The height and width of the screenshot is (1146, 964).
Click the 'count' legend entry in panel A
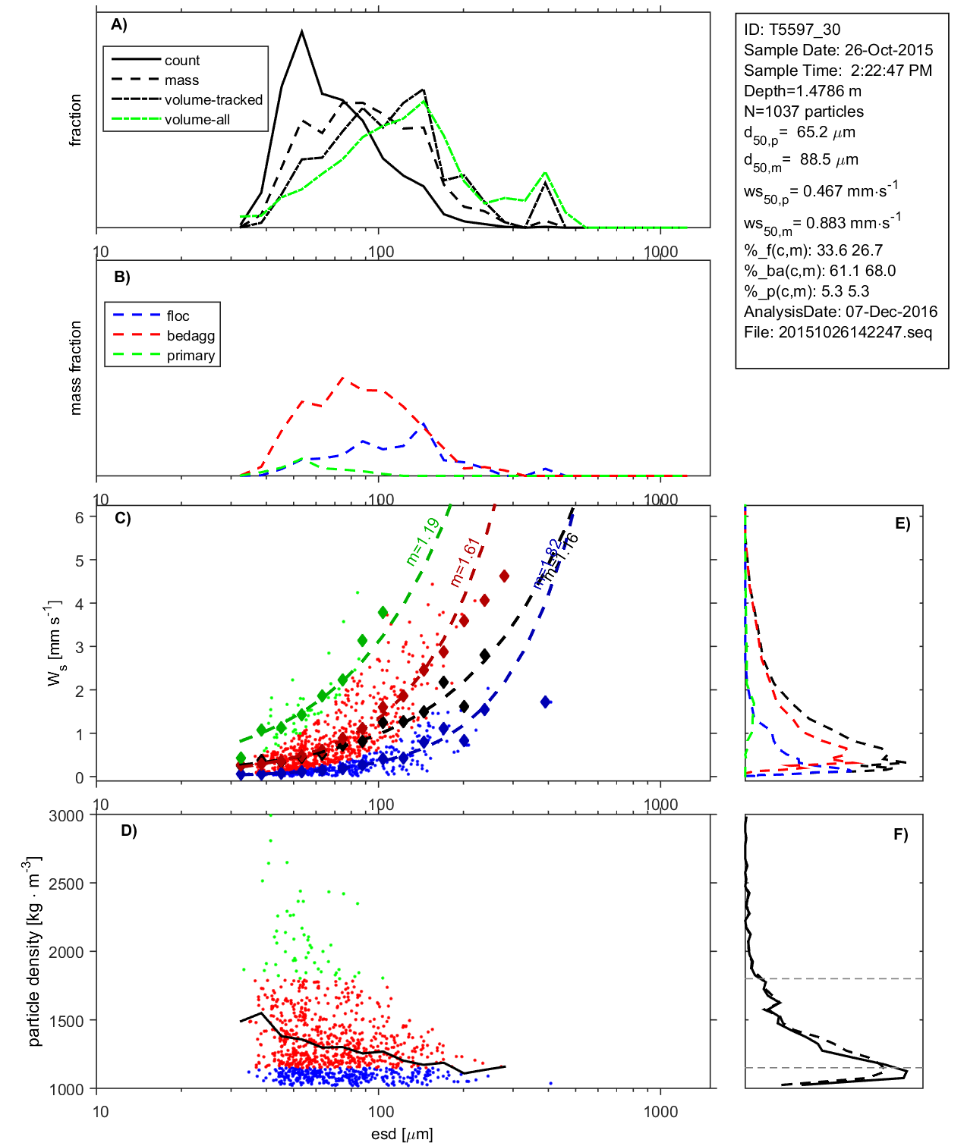181,61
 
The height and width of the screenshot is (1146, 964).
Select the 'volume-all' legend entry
197,120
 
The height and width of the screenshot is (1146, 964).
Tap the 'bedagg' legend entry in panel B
191,336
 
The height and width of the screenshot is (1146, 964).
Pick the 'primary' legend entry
191,356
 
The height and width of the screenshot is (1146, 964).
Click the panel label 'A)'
119,25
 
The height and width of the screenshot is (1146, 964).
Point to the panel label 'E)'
902,523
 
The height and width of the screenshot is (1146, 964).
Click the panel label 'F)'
900,834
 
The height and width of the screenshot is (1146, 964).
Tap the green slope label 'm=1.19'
422,542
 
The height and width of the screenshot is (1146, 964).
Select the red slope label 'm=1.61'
464,562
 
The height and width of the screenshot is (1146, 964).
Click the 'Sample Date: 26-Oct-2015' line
838,50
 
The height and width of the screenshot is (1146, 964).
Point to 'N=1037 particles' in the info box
803,111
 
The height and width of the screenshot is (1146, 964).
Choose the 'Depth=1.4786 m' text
802,91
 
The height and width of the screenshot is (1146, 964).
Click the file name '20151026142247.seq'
855,332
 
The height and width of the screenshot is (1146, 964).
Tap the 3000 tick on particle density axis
66,816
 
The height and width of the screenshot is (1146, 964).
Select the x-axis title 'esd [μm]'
402,1134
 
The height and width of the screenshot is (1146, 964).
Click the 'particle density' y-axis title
34,952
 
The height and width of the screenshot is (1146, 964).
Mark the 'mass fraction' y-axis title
75,368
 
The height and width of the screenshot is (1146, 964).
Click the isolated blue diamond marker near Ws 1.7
546,702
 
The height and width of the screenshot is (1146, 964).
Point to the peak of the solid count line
302,31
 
